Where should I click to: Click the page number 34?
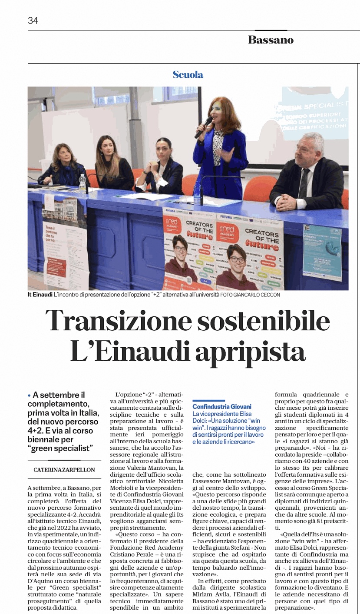click(33, 20)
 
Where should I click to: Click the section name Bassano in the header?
click(271, 40)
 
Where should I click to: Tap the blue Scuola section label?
click(188, 74)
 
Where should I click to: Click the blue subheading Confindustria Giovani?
click(222, 407)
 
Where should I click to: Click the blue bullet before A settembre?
click(29, 395)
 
